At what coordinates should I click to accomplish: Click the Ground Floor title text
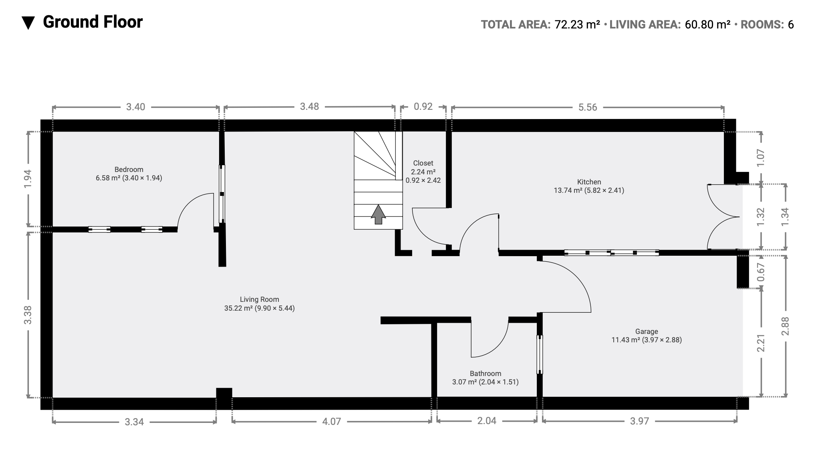coord(93,22)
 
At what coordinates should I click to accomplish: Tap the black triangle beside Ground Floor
coord(28,23)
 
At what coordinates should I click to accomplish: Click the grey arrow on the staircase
coord(378,214)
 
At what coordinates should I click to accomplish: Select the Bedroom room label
coord(129,170)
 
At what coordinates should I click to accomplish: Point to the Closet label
coord(423,163)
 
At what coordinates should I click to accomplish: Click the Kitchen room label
coord(589,182)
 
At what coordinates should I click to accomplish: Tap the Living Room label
coord(259,299)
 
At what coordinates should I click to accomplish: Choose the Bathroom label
coord(486,374)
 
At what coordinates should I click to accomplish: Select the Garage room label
coord(647,332)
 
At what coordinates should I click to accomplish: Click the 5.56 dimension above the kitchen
coord(588,107)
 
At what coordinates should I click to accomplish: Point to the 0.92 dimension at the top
coord(423,107)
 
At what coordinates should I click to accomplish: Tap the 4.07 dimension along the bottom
coord(331,421)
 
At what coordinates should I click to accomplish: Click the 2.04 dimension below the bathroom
coord(487,421)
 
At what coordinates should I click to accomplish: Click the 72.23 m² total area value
coord(577,24)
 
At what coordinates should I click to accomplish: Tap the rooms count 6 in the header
coord(791,25)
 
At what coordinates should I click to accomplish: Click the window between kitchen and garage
coord(611,253)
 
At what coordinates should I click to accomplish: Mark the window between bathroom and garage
coord(540,354)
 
